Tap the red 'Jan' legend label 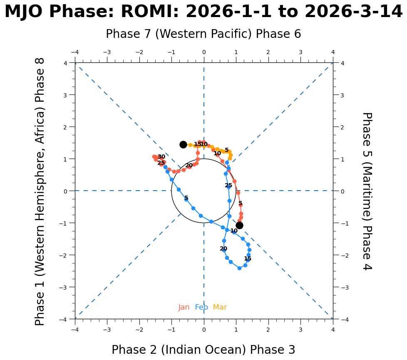coord(184,308)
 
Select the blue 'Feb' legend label coord(201,308)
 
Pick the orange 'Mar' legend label coord(220,308)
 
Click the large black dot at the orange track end coord(183,144)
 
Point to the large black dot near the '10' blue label coord(239,225)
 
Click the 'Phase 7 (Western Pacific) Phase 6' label coord(203,34)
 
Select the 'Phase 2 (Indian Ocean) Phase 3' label coord(203,350)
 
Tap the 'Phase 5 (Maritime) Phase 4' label coord(367,191)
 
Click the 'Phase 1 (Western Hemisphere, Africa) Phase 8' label coord(40,191)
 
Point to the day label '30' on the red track coord(161,157)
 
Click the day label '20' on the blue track coord(223,249)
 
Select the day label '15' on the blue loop coord(248,259)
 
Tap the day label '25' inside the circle coord(228,186)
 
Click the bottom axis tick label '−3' coord(107,330)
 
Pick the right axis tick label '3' coord(339,95)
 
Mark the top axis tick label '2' coord(268,52)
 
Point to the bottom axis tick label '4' coord(333,330)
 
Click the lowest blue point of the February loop coord(239,268)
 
